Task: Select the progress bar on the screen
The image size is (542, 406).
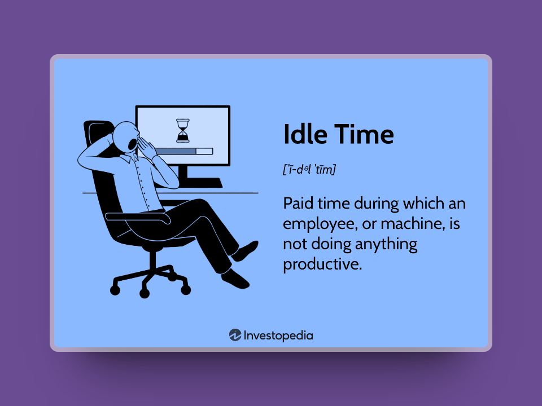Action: click(x=183, y=151)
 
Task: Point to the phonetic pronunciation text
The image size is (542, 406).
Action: click(x=309, y=169)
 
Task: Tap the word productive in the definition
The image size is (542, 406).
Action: click(x=322, y=264)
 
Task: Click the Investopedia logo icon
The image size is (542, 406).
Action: click(x=235, y=335)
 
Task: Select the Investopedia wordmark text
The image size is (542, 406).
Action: click(x=278, y=335)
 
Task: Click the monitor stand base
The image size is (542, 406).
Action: click(x=200, y=183)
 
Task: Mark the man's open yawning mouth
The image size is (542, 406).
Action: click(x=132, y=144)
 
